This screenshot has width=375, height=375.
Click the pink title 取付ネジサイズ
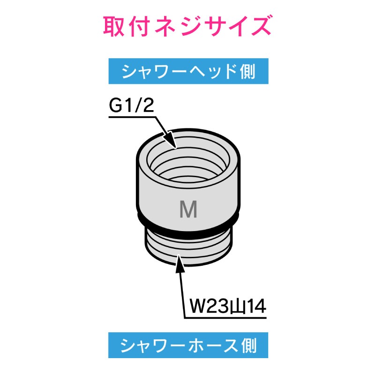pos(187,26)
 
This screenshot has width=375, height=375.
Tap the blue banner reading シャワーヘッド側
pos(188,71)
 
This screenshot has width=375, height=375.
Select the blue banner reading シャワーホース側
pos(188,345)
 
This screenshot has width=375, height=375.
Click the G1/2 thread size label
pos(131,105)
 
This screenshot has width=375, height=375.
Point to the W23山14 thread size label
pos(228,307)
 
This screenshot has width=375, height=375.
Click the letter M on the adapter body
pos(188,209)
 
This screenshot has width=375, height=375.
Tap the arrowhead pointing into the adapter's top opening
pos(170,142)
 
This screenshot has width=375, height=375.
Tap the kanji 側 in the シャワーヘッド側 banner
pos(248,71)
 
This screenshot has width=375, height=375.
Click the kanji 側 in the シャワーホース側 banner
pos(249,345)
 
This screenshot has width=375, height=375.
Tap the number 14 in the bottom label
pos(256,307)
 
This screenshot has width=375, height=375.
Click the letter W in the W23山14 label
pos(197,307)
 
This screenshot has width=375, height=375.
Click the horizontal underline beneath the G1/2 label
pos(132,117)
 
